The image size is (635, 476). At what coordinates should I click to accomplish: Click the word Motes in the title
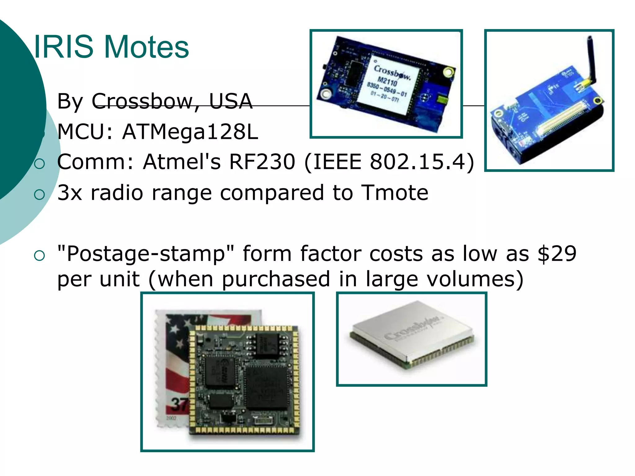(147, 47)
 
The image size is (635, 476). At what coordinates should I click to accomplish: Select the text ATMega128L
(190, 132)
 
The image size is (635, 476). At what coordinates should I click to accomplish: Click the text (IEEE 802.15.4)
(389, 162)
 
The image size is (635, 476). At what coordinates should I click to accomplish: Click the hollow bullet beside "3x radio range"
(39, 195)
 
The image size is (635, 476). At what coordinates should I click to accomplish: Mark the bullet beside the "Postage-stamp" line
(39, 256)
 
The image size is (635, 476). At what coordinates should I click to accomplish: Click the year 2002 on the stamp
(171, 418)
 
